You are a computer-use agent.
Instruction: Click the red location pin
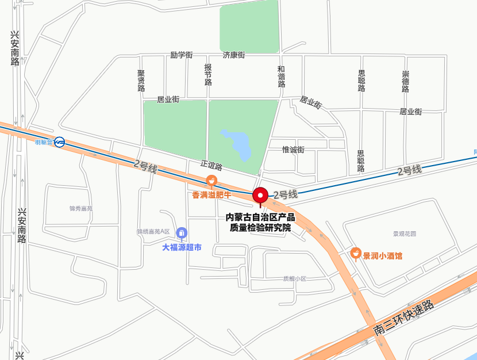pyautogui.click(x=261, y=195)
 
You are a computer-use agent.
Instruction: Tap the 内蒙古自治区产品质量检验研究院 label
pyautogui.click(x=260, y=223)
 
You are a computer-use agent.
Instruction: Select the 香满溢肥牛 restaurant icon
pyautogui.click(x=211, y=182)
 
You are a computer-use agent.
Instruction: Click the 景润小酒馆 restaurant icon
pyautogui.click(x=356, y=254)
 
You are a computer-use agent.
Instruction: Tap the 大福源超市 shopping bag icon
pyautogui.click(x=182, y=232)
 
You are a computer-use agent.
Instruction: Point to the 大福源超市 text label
pyautogui.click(x=182, y=248)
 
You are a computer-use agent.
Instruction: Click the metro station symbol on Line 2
pyautogui.click(x=59, y=142)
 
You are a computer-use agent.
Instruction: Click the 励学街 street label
pyautogui.click(x=181, y=55)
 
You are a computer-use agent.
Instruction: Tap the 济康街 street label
pyautogui.click(x=234, y=55)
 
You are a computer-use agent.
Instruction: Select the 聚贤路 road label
pyautogui.click(x=141, y=81)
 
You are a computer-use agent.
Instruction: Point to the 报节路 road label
pyautogui.click(x=208, y=75)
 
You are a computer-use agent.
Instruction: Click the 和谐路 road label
pyautogui.click(x=281, y=76)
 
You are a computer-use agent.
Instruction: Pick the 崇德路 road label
pyautogui.click(x=406, y=81)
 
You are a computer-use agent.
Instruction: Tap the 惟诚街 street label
pyautogui.click(x=293, y=150)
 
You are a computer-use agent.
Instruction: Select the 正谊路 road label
pyautogui.click(x=211, y=166)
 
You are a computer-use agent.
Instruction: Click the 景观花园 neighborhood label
pyautogui.click(x=404, y=233)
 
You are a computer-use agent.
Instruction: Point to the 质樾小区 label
pyautogui.click(x=294, y=279)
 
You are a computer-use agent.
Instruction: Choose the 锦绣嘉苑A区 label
pyautogui.click(x=153, y=232)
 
